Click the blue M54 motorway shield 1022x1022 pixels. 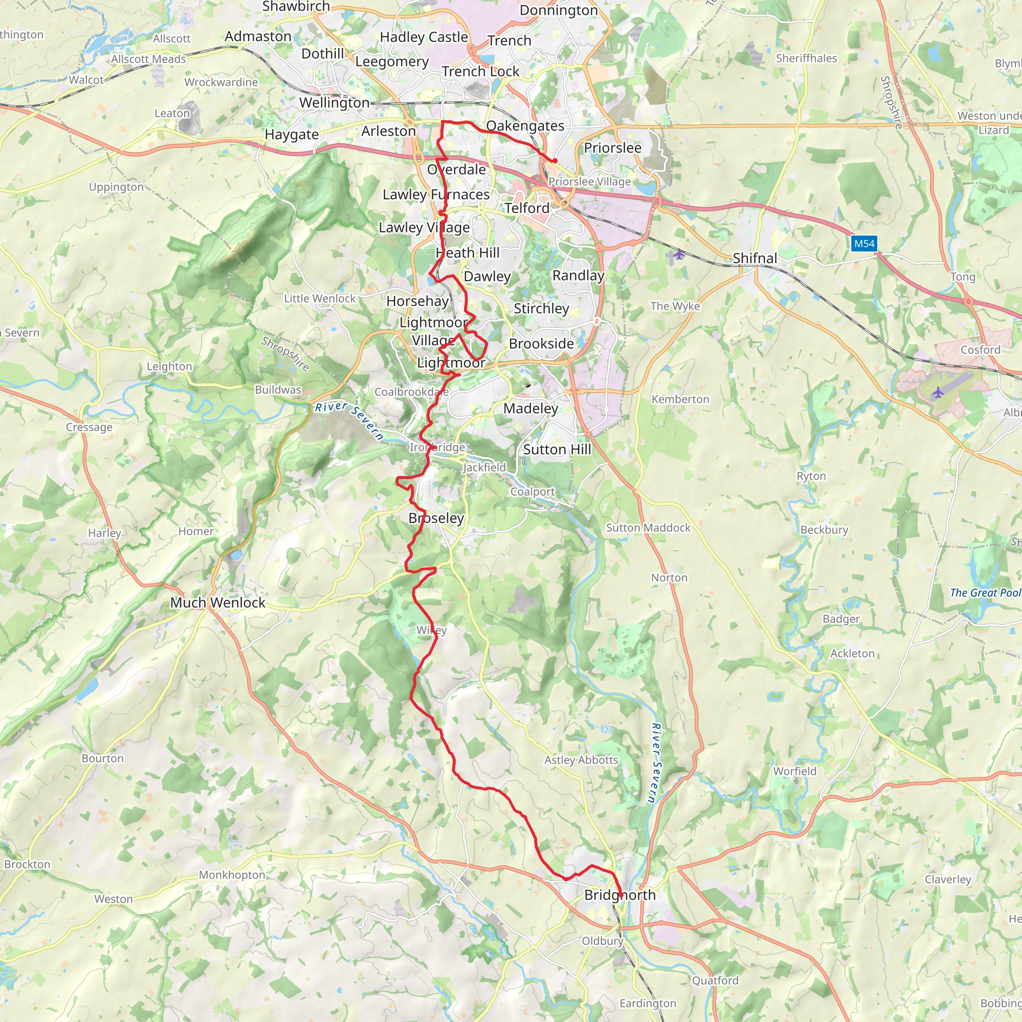[x=864, y=244]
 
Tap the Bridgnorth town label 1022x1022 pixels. [x=619, y=895]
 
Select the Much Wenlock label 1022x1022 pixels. [x=218, y=602]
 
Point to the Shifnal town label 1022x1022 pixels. [x=755, y=258]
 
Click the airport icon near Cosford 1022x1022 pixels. [x=937, y=393]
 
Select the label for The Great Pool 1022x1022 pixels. [x=985, y=592]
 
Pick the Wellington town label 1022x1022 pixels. [x=334, y=103]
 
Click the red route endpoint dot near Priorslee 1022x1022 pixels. [x=555, y=161]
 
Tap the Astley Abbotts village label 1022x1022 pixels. [x=581, y=760]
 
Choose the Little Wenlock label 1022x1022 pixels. [x=319, y=298]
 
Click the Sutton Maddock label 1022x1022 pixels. [x=648, y=527]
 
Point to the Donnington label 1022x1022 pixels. [x=558, y=10]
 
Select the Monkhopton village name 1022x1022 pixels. [x=232, y=874]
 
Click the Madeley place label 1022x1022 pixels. [x=530, y=408]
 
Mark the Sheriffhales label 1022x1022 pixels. [x=806, y=58]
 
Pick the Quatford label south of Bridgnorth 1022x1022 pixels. [x=715, y=980]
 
